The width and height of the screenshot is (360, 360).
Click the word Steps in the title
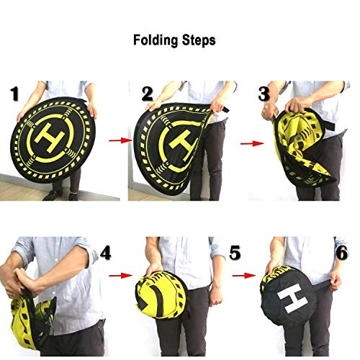tap(199, 40)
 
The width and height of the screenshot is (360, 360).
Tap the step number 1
tap(15, 94)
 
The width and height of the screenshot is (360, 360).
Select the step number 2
tap(147, 94)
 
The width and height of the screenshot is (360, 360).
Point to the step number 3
tap(264, 94)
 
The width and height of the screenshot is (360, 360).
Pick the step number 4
tap(105, 253)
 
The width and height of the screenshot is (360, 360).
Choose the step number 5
tap(235, 253)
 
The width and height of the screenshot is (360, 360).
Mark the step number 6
tap(342, 253)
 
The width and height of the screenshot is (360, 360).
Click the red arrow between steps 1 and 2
tap(121, 140)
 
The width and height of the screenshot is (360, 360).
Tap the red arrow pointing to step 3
tap(252, 143)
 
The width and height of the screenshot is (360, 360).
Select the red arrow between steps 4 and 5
tap(121, 276)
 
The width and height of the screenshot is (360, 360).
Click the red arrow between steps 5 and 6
tap(244, 275)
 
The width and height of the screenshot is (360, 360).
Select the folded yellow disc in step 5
tap(161, 294)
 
